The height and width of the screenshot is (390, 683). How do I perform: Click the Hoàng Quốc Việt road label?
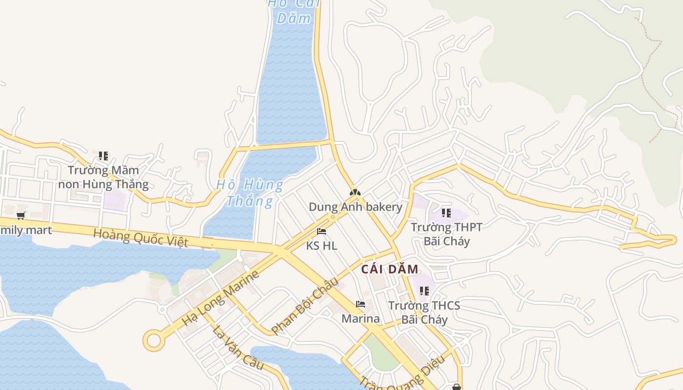click(141, 237)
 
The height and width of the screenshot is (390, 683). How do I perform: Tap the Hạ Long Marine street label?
click(220, 298)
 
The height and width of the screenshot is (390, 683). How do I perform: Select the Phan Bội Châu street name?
click(304, 306)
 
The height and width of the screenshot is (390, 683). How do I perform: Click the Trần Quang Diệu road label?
click(402, 375)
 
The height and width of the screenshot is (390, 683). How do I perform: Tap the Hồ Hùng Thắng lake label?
click(250, 193)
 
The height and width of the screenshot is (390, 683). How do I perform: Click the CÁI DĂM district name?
click(390, 269)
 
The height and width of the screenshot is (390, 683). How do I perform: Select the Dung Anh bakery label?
click(356, 207)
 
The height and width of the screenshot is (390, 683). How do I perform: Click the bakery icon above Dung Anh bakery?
click(355, 193)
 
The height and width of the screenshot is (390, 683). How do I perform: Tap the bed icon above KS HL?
click(321, 232)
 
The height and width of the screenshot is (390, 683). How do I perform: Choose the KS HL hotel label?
click(321, 246)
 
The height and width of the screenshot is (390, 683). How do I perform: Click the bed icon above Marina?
click(361, 305)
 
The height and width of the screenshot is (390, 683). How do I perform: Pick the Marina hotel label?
click(361, 319)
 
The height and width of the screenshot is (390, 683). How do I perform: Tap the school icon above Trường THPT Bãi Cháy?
click(446, 213)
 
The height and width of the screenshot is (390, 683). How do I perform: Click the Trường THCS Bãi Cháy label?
click(424, 313)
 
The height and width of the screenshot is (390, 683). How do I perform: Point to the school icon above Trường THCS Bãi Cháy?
click(424, 291)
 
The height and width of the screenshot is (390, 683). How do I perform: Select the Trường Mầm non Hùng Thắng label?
click(103, 177)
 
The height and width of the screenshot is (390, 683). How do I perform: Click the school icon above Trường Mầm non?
click(103, 156)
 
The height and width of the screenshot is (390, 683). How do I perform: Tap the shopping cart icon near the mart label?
click(20, 215)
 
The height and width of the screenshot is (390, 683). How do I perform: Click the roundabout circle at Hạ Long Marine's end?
click(154, 340)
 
